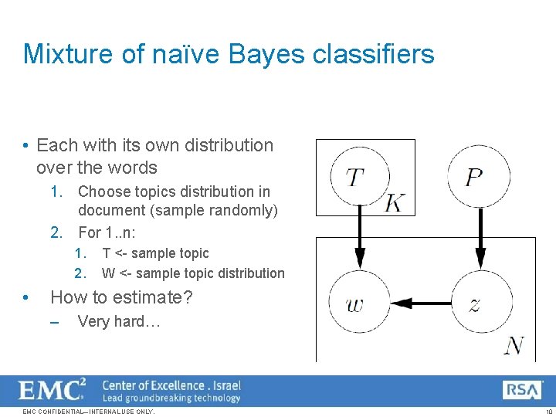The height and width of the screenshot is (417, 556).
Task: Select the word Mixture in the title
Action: [x=66, y=54]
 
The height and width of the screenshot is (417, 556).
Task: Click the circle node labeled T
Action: [x=359, y=177]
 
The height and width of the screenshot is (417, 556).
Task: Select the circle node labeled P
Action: [x=478, y=177]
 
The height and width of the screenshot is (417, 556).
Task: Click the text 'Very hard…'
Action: [x=119, y=321]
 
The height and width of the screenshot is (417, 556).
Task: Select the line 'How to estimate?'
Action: [x=121, y=297]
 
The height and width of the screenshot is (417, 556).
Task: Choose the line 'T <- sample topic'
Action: [x=155, y=253]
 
